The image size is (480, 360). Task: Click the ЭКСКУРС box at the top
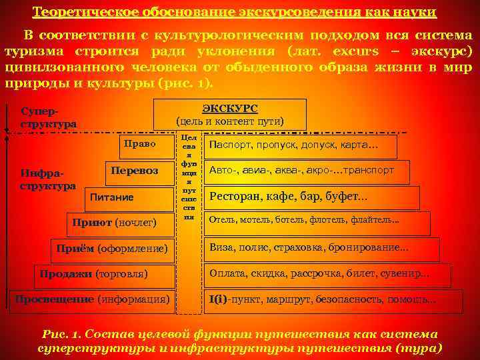(x=230, y=114)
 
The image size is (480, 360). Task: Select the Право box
(x=140, y=144)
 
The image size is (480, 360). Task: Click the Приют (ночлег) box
(x=116, y=221)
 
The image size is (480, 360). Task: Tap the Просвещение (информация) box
(x=93, y=299)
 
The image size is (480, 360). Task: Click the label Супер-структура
(x=48, y=117)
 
